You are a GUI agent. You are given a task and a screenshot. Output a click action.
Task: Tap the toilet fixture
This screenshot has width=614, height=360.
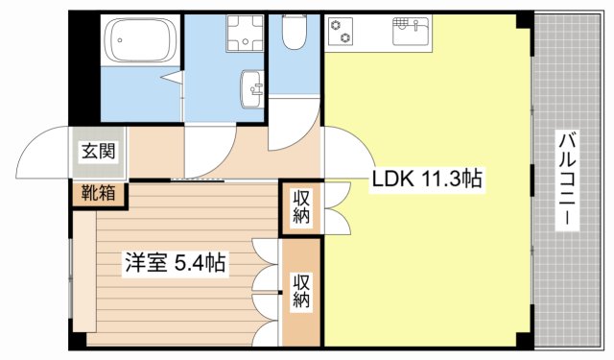tap(295, 34)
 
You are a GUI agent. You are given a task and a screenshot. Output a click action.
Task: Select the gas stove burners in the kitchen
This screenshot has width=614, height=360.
tap(342, 31)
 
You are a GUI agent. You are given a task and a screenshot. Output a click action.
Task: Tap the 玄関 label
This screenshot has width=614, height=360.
tap(97, 151)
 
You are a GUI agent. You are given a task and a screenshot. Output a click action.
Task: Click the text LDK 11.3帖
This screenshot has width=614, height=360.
tap(427, 178)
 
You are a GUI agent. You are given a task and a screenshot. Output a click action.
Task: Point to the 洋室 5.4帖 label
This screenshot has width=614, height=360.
tap(174, 262)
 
